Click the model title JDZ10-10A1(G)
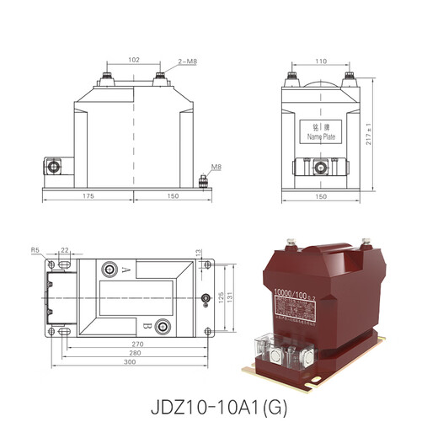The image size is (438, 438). (218, 409)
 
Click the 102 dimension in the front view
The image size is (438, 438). (134, 60)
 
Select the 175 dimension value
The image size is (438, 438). (88, 195)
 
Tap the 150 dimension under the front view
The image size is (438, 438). (172, 195)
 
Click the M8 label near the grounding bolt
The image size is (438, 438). (216, 167)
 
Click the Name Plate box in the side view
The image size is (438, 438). (322, 131)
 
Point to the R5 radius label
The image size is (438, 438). (35, 250)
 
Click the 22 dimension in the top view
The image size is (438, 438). (65, 250)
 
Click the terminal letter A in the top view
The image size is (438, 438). (125, 270)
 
